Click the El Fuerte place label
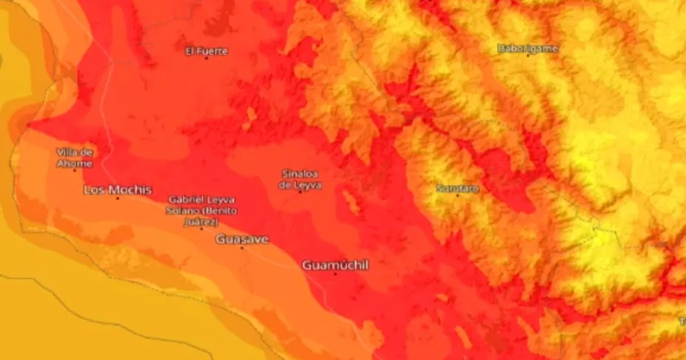pos(206,51)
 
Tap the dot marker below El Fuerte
pos(206,58)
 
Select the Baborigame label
pos(528,48)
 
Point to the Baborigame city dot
pos(528,55)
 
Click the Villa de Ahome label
pos(74,158)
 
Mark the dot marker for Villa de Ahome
pos(74,170)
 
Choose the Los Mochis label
pos(118,189)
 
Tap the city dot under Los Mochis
pos(118,198)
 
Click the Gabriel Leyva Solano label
pos(202,210)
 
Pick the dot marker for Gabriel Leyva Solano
pos(201,229)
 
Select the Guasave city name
pos(242,239)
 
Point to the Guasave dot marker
pos(242,248)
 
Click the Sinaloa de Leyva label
pos(300,179)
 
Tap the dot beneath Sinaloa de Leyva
pos(300,191)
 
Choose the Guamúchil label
pos(335,265)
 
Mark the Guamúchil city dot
pos(335,274)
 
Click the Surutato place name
pos(457,187)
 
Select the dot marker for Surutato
pos(457,195)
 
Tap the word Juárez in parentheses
pos(201,222)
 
